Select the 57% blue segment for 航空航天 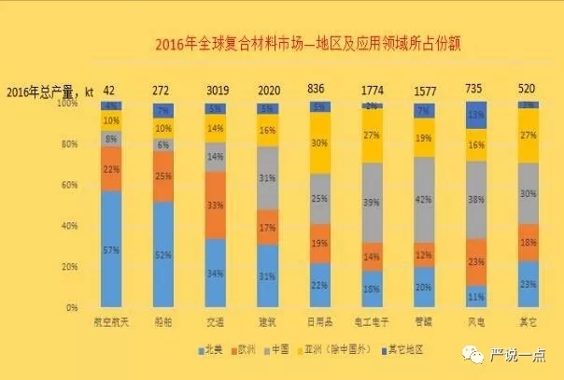(x=111, y=249)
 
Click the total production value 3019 (x=217, y=90)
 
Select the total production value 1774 (x=373, y=90)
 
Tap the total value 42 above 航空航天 (x=110, y=90)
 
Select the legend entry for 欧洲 (x=247, y=348)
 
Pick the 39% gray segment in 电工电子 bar (x=374, y=203)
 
